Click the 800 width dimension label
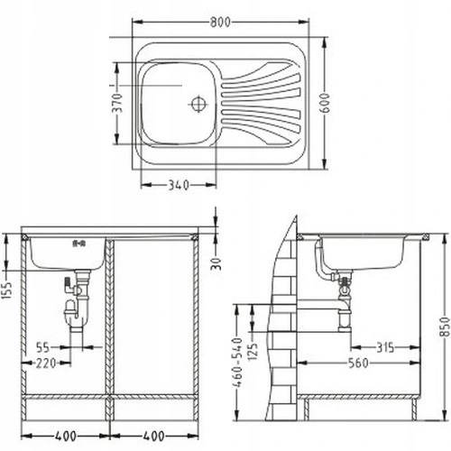(x=220, y=22)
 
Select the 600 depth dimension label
(x=325, y=103)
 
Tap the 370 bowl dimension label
(x=117, y=103)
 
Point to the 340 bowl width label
(x=179, y=185)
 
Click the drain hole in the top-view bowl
(x=198, y=104)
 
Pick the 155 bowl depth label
(x=6, y=290)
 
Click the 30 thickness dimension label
(x=216, y=264)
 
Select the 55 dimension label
(x=42, y=347)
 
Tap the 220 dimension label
(x=46, y=363)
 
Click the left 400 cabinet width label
(x=66, y=436)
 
